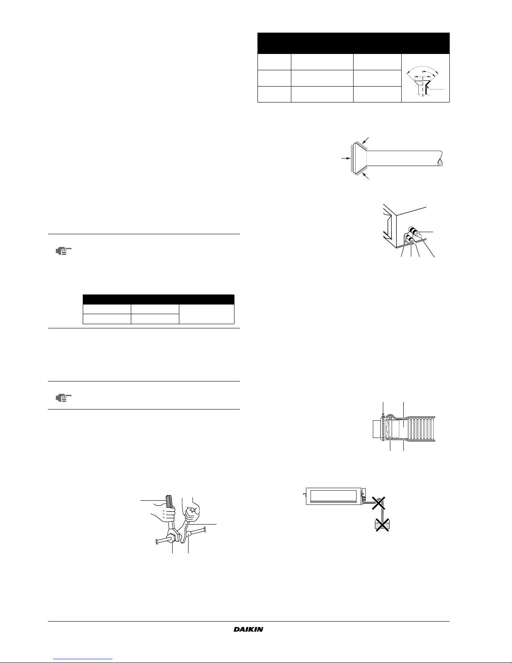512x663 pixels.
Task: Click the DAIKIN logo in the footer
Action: tap(248, 629)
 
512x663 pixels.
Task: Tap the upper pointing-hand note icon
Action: tap(64, 251)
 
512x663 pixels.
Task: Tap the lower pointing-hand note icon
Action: tap(64, 398)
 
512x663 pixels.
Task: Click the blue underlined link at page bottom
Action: tap(83, 659)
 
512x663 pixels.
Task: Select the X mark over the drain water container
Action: tap(382, 525)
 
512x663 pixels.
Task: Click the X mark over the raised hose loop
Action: tap(378, 503)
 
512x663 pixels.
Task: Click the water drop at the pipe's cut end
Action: tap(440, 162)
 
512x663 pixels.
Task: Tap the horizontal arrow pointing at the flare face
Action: tap(346, 159)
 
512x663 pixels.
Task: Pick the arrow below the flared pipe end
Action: tap(365, 176)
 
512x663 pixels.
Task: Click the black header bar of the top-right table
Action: tap(354, 44)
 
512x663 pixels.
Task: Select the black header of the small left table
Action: tap(158, 300)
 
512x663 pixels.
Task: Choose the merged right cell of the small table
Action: tap(206, 314)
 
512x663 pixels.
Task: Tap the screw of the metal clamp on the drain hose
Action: tap(383, 415)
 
